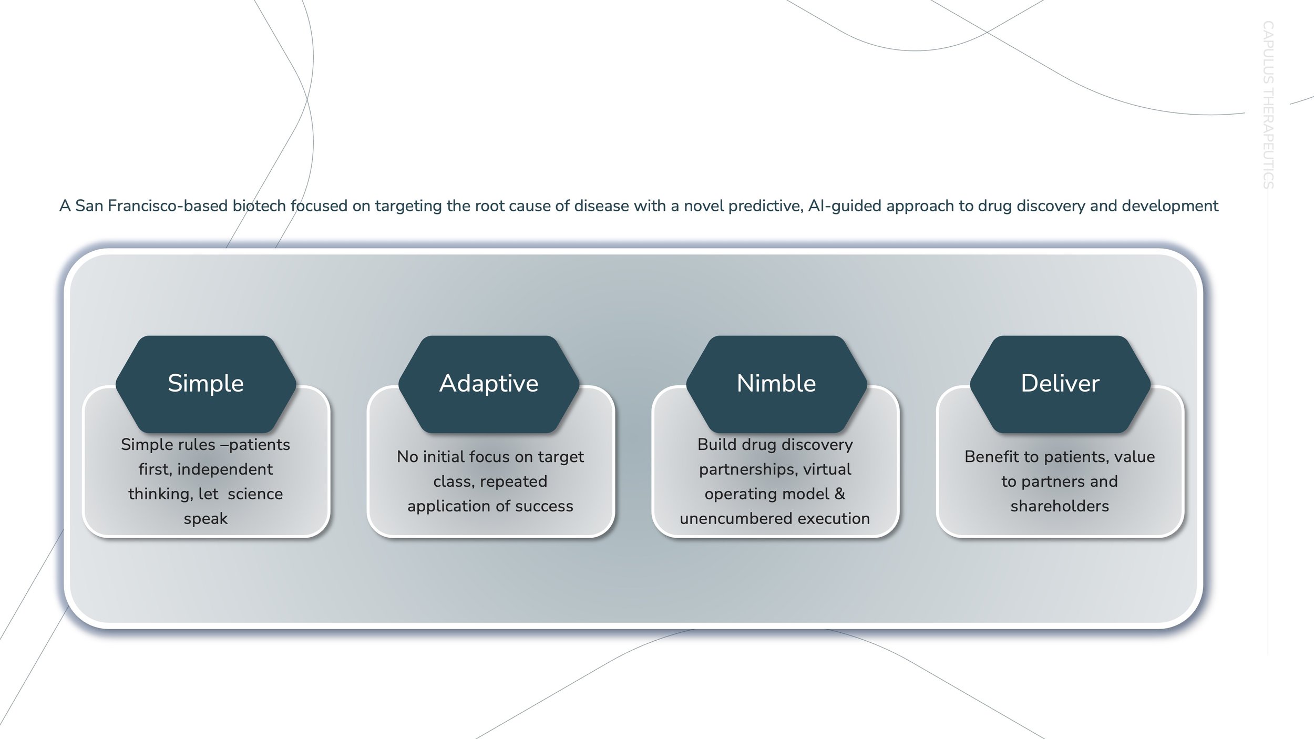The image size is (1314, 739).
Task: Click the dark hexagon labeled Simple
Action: (x=206, y=384)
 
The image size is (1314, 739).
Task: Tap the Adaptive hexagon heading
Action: (x=489, y=384)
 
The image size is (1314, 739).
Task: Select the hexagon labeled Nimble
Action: (x=776, y=384)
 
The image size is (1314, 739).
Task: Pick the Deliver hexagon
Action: (x=1060, y=384)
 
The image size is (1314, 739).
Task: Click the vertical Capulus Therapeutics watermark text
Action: (x=1268, y=105)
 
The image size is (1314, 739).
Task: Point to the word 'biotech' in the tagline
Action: (x=259, y=206)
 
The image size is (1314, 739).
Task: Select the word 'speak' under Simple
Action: (x=206, y=519)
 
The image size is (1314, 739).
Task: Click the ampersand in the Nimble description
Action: (x=839, y=494)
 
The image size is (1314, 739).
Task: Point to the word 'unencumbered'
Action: (x=736, y=519)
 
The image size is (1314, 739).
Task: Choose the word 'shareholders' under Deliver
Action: (x=1060, y=506)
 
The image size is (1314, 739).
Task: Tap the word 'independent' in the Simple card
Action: (x=225, y=469)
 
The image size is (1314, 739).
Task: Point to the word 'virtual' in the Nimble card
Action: (x=827, y=469)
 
